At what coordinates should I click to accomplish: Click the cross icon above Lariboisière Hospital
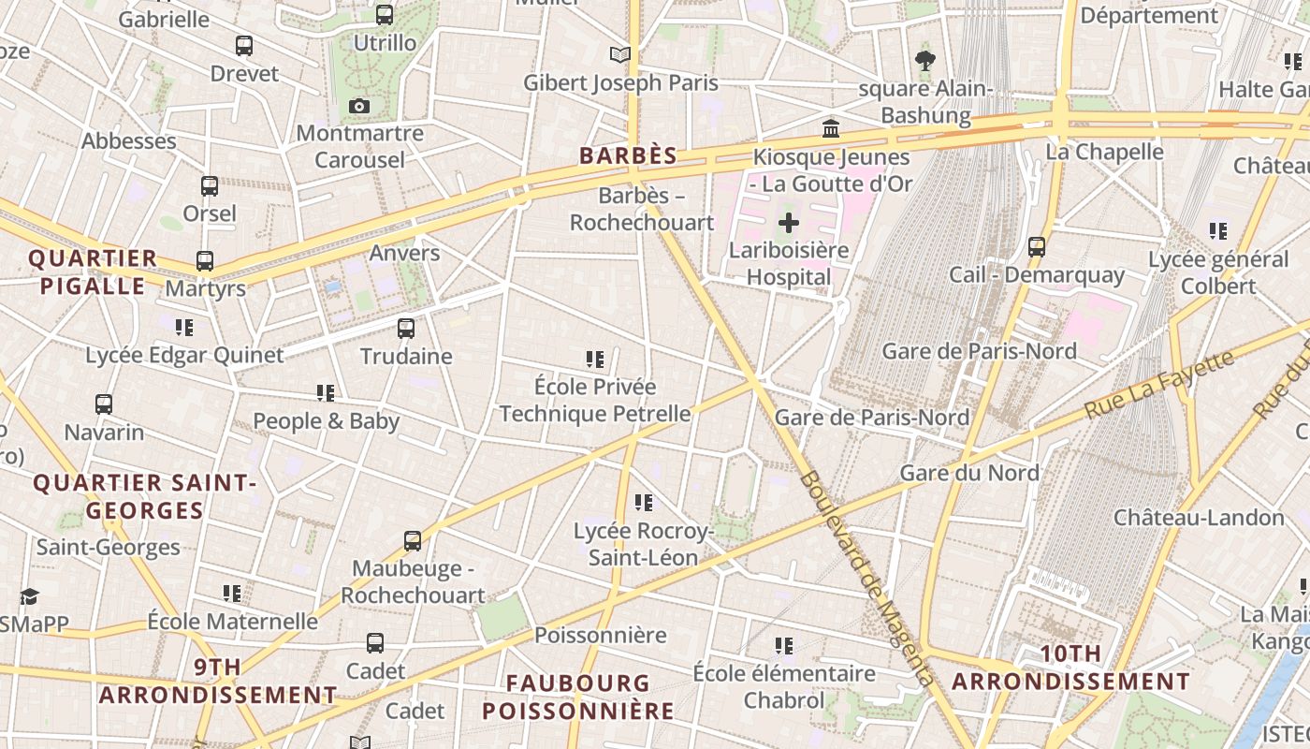coord(789,223)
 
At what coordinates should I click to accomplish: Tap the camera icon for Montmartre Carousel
coord(359,107)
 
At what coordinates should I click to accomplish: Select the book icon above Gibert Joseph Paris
coord(620,54)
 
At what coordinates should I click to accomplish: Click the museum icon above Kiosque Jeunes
coord(831,128)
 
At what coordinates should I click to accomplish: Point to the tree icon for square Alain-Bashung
coord(925,62)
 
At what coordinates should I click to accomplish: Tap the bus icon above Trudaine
coord(406,329)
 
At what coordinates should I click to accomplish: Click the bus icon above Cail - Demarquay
coord(1037,247)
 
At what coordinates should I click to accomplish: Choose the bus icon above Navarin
coord(104,404)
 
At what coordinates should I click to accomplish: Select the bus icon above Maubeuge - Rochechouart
coord(413,540)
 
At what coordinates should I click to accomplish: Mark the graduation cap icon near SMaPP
coord(29,596)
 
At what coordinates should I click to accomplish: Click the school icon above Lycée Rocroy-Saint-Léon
coord(643,503)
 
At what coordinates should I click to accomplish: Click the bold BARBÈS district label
coord(628,155)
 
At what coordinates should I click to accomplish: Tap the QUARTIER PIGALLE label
coord(93,272)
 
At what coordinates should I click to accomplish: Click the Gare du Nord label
coord(969,473)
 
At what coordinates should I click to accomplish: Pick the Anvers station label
coord(404,253)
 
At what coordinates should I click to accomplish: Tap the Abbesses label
coord(129,141)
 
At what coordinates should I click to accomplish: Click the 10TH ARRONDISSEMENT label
coord(1071,668)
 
